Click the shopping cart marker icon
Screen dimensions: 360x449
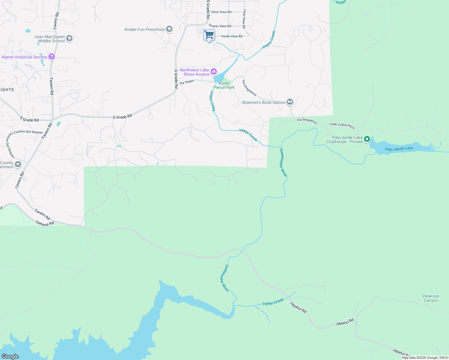pos(209,35)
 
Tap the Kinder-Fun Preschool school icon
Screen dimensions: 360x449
pos(169,29)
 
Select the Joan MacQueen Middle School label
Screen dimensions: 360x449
pos(50,39)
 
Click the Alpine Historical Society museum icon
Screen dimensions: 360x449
pos(52,57)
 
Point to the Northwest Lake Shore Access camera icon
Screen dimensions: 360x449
pos(214,71)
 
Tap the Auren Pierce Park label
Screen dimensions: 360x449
pos(224,85)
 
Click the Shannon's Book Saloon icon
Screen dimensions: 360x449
pos(290,102)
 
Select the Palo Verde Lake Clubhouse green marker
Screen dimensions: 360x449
pos(367,139)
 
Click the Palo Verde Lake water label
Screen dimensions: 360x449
pos(399,148)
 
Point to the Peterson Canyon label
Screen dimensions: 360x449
pos(431,298)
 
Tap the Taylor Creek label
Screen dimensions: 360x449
pos(273,302)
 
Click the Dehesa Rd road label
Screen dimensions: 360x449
pos(45,223)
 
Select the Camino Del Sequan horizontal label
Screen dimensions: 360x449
pos(28,132)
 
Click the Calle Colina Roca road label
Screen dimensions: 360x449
pos(342,125)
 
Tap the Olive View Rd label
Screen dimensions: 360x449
pos(221,12)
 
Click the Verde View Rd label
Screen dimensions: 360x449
pos(232,36)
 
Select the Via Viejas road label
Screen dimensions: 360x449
pos(187,82)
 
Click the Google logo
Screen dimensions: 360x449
pos(10,356)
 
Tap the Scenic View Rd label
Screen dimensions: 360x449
pos(220,26)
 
